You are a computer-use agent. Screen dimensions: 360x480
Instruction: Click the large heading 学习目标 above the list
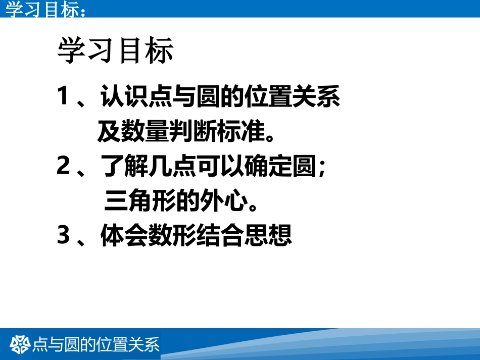116,51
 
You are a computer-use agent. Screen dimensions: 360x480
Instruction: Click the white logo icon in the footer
21,344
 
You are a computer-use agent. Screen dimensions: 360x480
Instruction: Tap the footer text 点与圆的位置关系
96,344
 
